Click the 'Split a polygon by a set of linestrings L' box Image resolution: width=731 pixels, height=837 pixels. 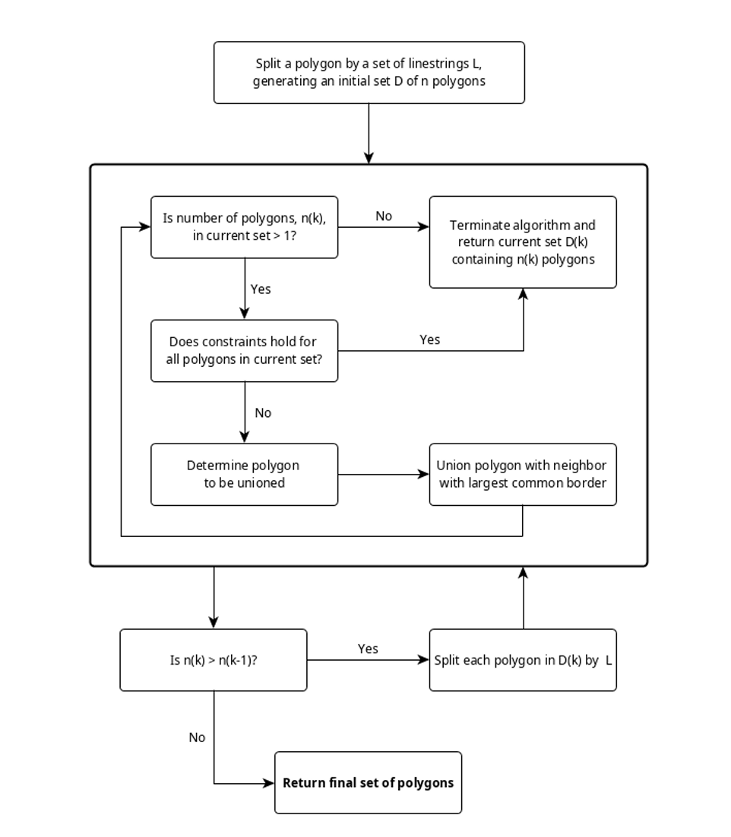pyautogui.click(x=369, y=72)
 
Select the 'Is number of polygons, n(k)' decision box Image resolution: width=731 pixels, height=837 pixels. pyautogui.click(x=244, y=227)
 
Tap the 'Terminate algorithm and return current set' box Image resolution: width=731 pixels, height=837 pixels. pyautogui.click(x=523, y=242)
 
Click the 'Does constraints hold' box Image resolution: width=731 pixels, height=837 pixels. pyautogui.click(x=244, y=350)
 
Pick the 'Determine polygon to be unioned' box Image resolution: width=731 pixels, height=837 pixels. pyautogui.click(x=244, y=474)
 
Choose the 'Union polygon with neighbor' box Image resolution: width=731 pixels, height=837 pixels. pyautogui.click(x=523, y=474)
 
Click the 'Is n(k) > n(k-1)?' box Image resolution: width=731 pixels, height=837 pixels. pyautogui.click(x=213, y=660)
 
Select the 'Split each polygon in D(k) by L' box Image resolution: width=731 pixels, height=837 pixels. pyautogui.click(x=523, y=660)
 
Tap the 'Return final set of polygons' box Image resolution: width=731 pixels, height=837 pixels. pyautogui.click(x=368, y=782)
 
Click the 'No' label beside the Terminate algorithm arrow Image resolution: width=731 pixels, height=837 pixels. pyautogui.click(x=384, y=216)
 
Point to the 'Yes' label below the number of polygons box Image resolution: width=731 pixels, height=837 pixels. pyautogui.click(x=261, y=289)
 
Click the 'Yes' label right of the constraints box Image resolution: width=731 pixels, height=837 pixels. pyautogui.click(x=429, y=340)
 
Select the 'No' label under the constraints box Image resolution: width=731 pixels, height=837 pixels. pyautogui.click(x=263, y=413)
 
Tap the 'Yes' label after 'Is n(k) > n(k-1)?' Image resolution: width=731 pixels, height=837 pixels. pyautogui.click(x=368, y=649)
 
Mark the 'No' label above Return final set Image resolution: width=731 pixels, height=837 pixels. pyautogui.click(x=197, y=738)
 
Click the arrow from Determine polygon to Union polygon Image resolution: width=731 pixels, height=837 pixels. pyautogui.click(x=383, y=475)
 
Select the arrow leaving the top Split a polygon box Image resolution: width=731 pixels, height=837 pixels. pyautogui.click(x=369, y=133)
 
